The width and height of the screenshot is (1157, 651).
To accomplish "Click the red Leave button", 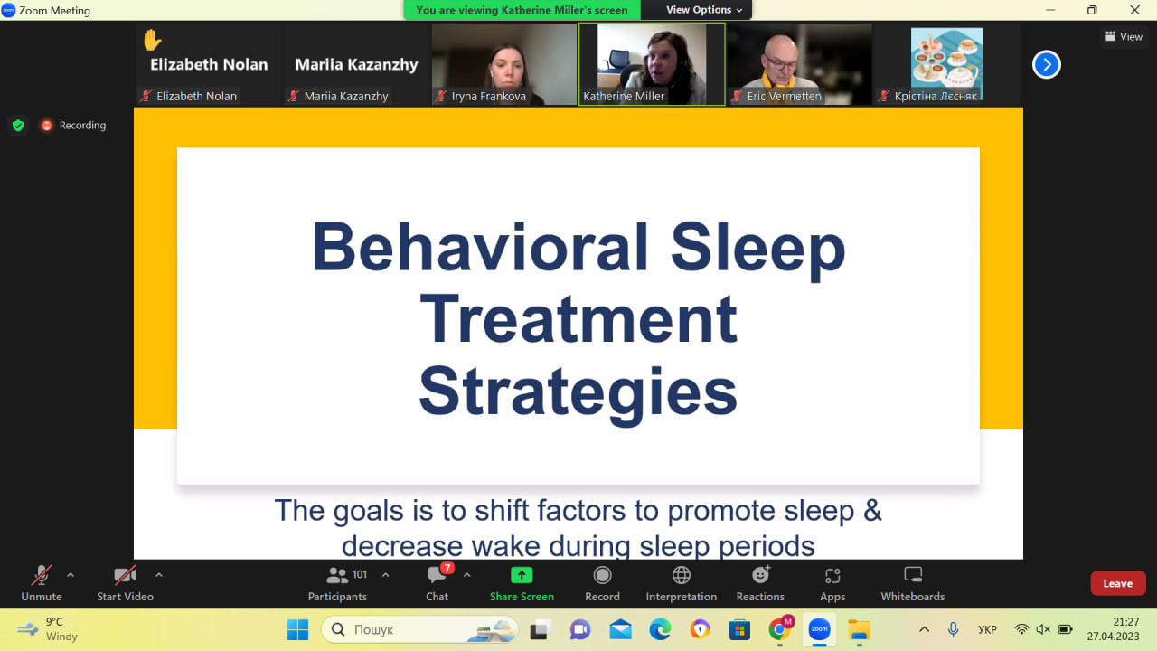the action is coord(1118,583).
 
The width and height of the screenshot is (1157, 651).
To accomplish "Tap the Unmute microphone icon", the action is coord(42,575).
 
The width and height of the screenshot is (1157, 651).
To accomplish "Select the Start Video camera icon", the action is coord(125,575).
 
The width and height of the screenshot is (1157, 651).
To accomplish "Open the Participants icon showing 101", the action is coord(337,575).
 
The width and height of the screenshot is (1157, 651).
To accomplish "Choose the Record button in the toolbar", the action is coord(602,575).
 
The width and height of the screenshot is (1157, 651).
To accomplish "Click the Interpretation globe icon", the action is coord(682,575).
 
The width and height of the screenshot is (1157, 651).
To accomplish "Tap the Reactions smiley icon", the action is coord(761,574).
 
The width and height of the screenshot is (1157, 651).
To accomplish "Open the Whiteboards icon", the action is coord(913,574).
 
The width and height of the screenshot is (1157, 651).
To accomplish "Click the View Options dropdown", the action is coord(703,10).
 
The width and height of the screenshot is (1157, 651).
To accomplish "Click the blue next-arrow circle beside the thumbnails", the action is coord(1047,64).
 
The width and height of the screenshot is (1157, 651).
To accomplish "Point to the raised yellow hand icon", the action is coord(153,40).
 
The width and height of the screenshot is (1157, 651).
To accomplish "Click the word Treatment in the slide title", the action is coord(578,319).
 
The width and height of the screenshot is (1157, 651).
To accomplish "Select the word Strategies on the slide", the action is coord(578,392).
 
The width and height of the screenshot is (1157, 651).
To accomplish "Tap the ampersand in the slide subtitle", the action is coord(872,511).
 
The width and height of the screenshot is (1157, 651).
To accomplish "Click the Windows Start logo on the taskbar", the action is coord(298,629).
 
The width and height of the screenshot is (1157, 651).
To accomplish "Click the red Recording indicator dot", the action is coord(46,126).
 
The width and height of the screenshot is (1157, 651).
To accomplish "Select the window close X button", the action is coord(1134,10).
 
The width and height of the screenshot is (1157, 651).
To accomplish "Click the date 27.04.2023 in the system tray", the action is coord(1113,637).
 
